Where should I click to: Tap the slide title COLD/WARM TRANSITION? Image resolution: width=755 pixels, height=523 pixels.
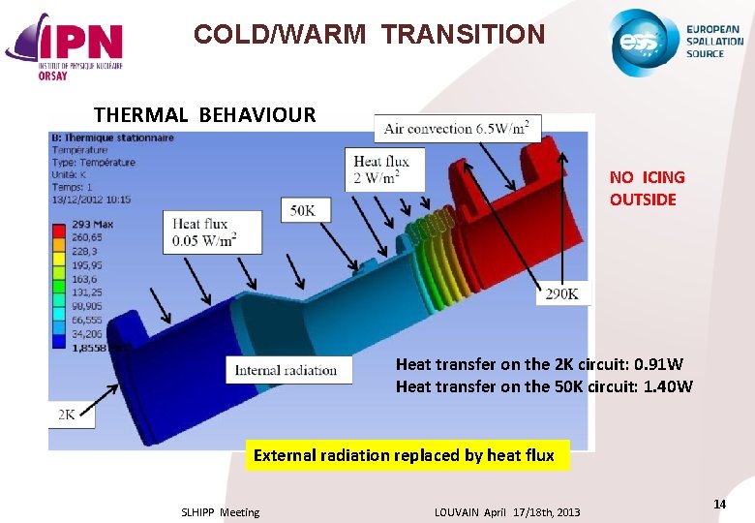coord(369,35)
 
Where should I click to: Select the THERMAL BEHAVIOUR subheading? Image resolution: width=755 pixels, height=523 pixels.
coord(204,114)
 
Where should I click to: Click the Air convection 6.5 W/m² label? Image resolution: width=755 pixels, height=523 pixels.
coord(457,128)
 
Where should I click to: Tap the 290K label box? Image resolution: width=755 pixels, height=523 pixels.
coord(562,293)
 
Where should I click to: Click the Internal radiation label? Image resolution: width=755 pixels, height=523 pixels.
coord(286,370)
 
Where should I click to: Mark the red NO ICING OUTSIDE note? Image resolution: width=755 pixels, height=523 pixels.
coord(647,189)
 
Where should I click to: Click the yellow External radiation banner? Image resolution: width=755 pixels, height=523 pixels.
coord(404,455)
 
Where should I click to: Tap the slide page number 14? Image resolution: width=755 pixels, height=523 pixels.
coord(719,504)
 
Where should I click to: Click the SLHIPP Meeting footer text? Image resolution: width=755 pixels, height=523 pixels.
coord(220,512)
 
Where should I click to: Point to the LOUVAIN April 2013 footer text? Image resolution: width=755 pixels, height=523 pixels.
coord(507,512)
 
